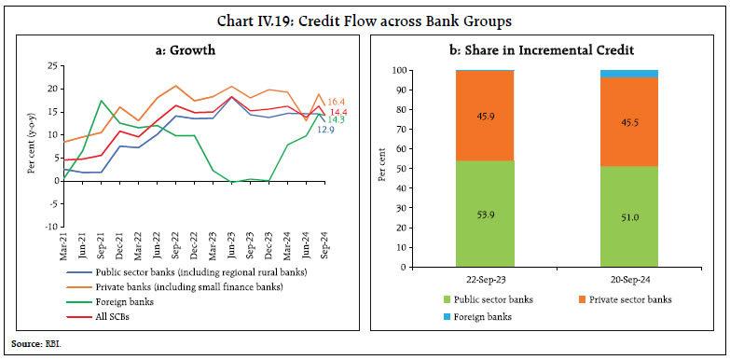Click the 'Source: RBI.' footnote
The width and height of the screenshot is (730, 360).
click(32, 344)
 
